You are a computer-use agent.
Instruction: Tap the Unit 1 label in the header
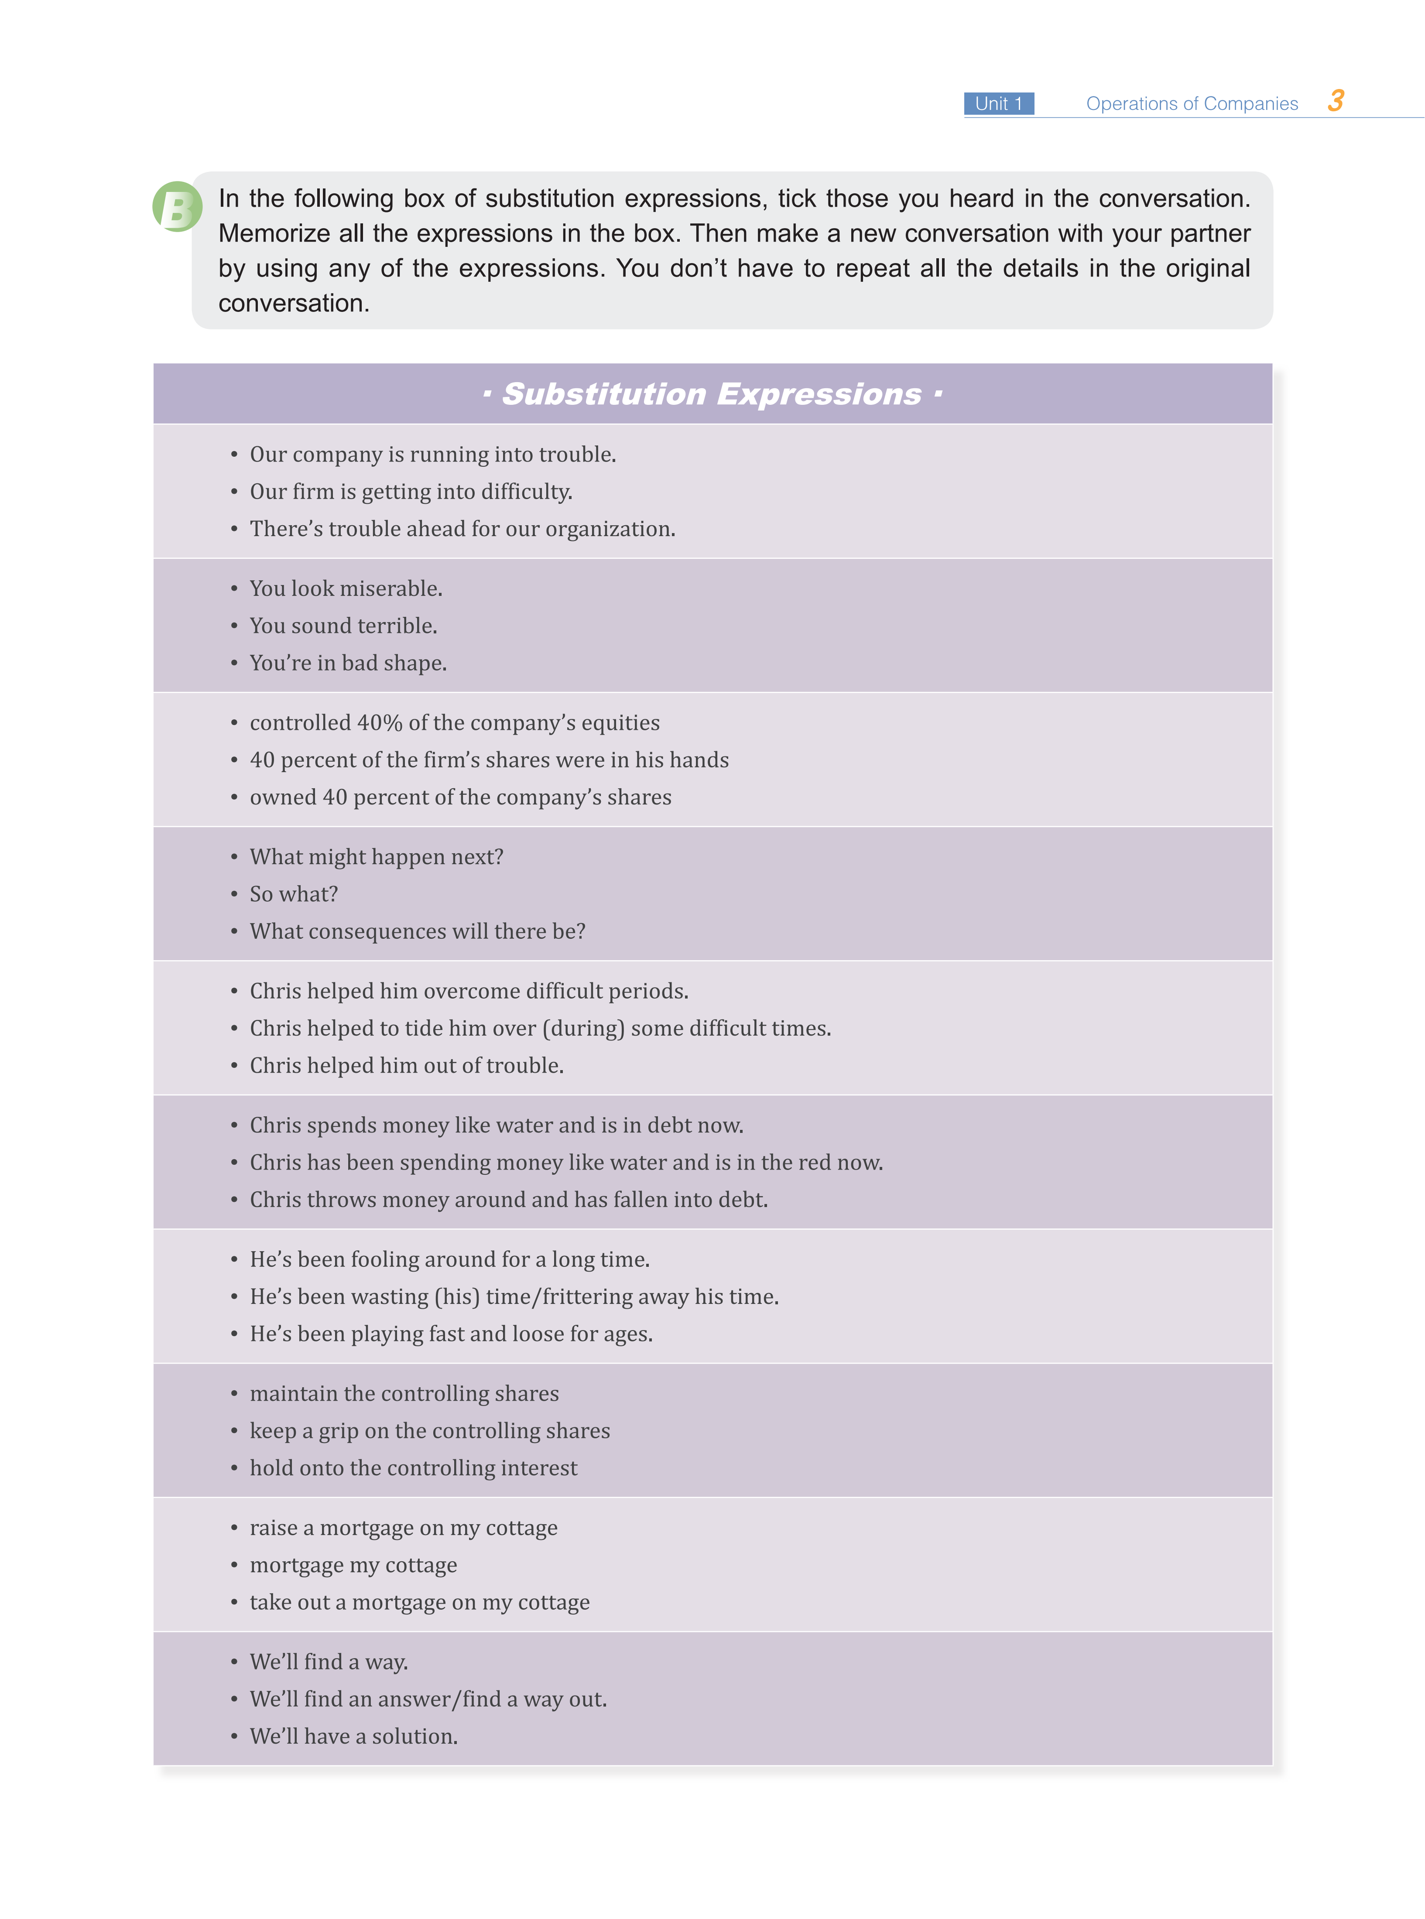tap(998, 103)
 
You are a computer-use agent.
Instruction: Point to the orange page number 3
tap(1335, 101)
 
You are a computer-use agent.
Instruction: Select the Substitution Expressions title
tap(712, 394)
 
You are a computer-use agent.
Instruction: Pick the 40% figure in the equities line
tap(380, 723)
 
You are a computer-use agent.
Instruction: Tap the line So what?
tap(293, 894)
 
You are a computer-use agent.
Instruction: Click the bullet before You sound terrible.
tap(234, 626)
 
